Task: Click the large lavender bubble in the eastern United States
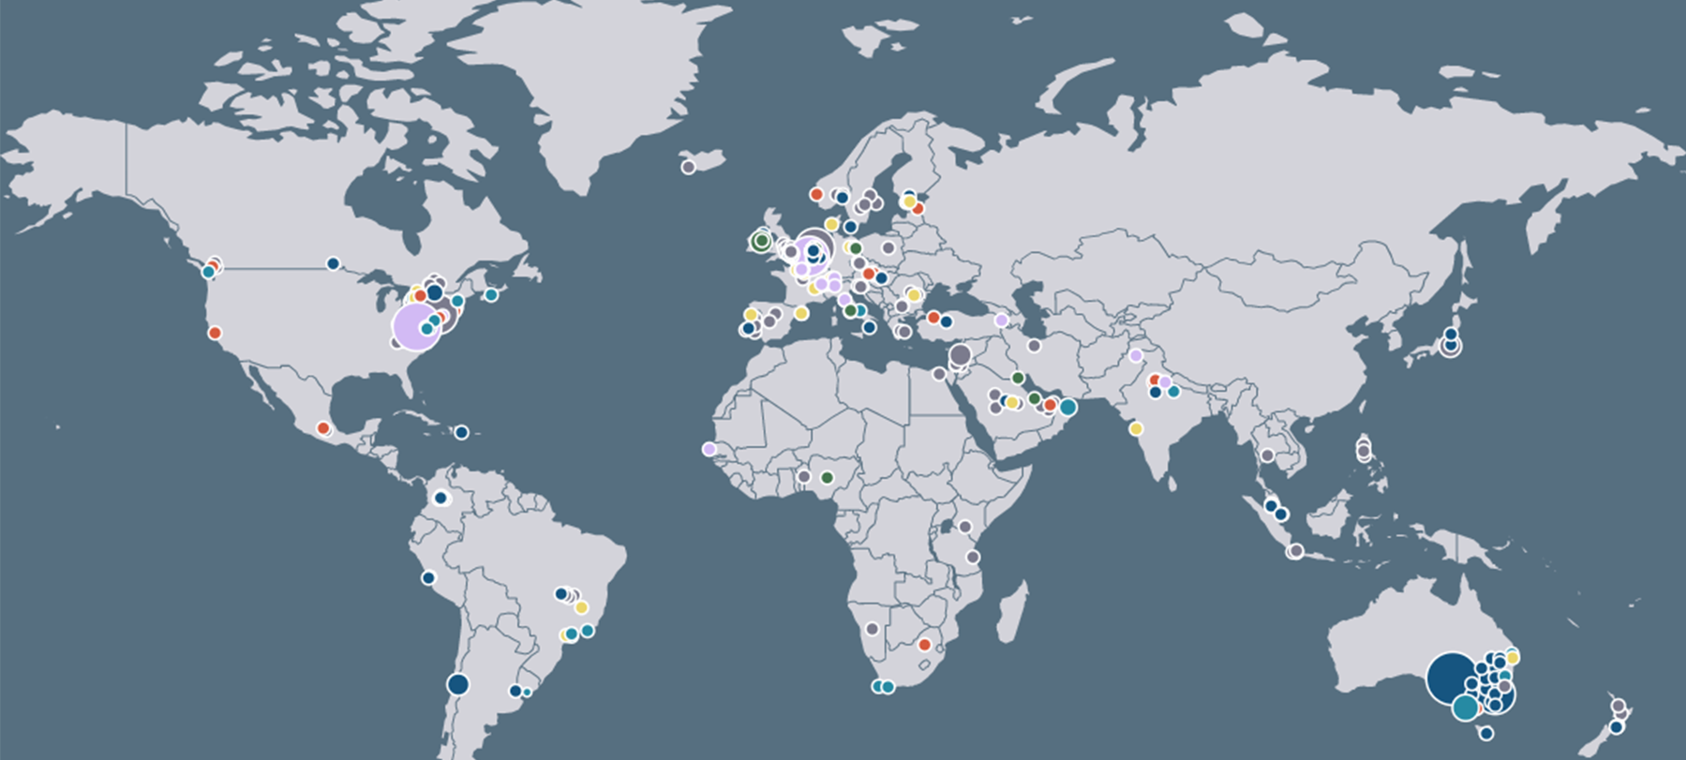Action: click(415, 326)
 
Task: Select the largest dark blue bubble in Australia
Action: click(1451, 678)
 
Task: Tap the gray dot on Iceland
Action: click(688, 167)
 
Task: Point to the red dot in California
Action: click(215, 333)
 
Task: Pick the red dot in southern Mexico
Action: click(323, 428)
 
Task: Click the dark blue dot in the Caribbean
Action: click(461, 432)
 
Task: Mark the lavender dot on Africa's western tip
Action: click(709, 449)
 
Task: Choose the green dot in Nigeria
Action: click(827, 477)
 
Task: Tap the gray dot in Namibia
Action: click(873, 629)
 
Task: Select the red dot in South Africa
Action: click(924, 645)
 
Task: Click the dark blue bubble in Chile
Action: click(457, 684)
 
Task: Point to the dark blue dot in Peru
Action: click(428, 577)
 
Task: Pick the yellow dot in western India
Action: click(1136, 428)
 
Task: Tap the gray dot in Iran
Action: click(1034, 346)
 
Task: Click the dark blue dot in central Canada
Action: click(333, 263)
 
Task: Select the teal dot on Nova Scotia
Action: click(491, 294)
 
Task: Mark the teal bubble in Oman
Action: click(1067, 407)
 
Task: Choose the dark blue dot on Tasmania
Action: click(1485, 734)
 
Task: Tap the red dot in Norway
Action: click(816, 194)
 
